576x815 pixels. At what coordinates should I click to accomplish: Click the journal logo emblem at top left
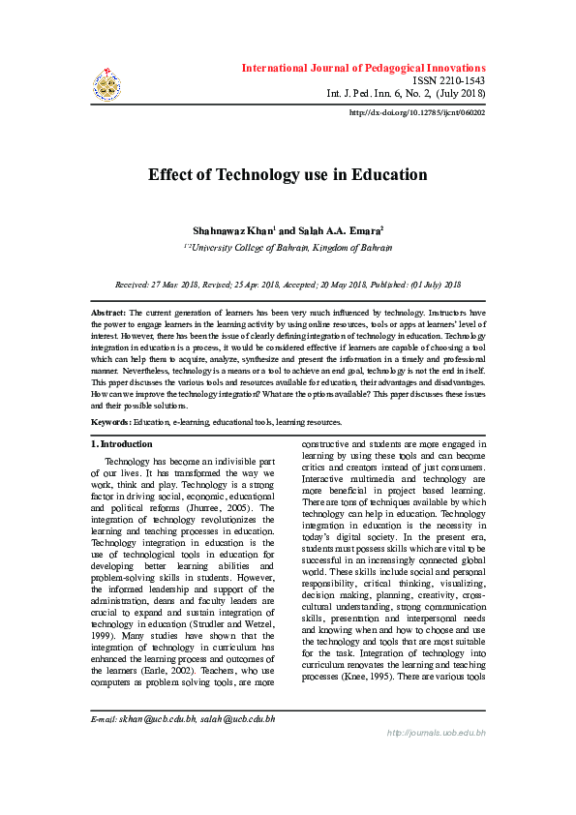click(106, 84)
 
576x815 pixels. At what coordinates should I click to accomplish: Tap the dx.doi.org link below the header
click(416, 112)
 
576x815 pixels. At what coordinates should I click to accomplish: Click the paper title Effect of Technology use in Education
click(288, 175)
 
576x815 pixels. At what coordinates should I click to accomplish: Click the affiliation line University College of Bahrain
click(288, 248)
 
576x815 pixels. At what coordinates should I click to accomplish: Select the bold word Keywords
click(111, 423)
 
